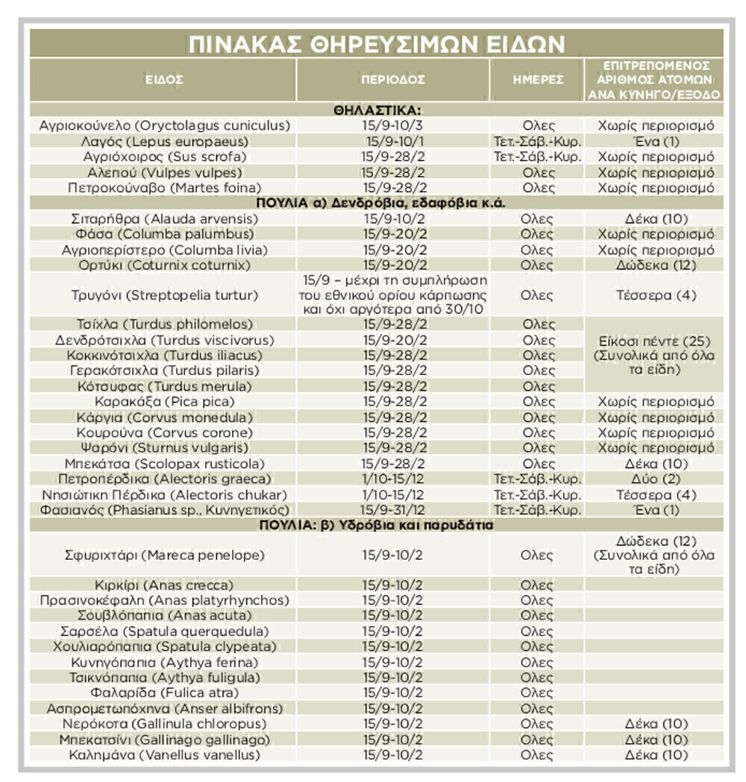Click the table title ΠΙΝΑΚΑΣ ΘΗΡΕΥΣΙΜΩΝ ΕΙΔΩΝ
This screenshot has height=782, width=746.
click(x=376, y=43)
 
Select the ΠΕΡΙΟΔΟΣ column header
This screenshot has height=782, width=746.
click(x=393, y=79)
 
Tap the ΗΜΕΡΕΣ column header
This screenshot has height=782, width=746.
click(x=538, y=79)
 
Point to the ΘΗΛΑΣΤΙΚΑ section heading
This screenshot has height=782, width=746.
click(x=376, y=110)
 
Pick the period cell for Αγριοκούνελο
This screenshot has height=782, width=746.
click(x=394, y=125)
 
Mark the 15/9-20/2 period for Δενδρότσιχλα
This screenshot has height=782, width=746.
click(x=394, y=340)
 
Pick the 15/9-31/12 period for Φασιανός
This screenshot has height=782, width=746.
click(x=394, y=510)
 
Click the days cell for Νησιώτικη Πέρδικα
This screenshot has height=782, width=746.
click(x=538, y=494)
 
